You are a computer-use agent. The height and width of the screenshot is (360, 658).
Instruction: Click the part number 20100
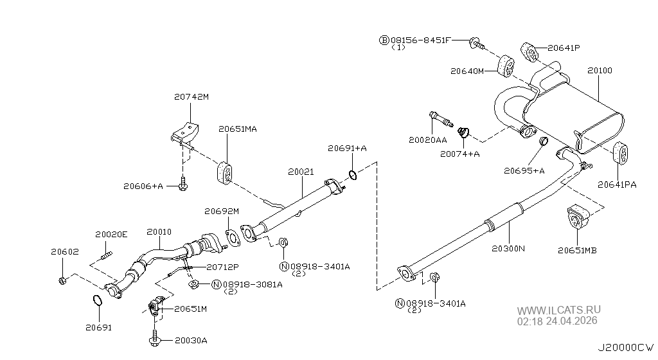pyautogui.click(x=600, y=71)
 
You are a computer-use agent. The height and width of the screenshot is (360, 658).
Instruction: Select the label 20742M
pyautogui.click(x=191, y=97)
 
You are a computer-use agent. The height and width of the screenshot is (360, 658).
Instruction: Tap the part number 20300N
pyautogui.click(x=508, y=248)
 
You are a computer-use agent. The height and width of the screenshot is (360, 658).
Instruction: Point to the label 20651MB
pyautogui.click(x=577, y=251)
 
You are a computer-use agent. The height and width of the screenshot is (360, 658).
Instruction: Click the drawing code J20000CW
pyautogui.click(x=626, y=347)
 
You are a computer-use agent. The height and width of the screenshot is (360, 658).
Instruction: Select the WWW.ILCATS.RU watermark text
pyautogui.click(x=558, y=310)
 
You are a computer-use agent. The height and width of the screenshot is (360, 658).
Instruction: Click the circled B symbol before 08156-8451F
pyautogui.click(x=384, y=40)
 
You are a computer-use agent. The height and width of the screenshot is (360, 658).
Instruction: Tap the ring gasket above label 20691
pyautogui.click(x=97, y=300)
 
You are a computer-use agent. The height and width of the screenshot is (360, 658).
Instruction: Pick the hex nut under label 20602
pyautogui.click(x=62, y=280)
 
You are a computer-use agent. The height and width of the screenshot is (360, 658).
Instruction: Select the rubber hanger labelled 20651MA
pyautogui.click(x=224, y=172)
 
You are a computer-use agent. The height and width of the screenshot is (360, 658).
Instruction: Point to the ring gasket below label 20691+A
pyautogui.click(x=353, y=175)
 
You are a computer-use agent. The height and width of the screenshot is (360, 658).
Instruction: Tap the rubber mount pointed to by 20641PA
pyautogui.click(x=621, y=153)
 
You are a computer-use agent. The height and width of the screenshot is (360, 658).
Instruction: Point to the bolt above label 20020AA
pyautogui.click(x=441, y=119)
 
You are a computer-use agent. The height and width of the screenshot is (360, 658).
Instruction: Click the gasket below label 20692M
pyautogui.click(x=233, y=237)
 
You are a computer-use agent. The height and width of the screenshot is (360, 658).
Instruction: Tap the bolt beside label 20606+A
pyautogui.click(x=182, y=184)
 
